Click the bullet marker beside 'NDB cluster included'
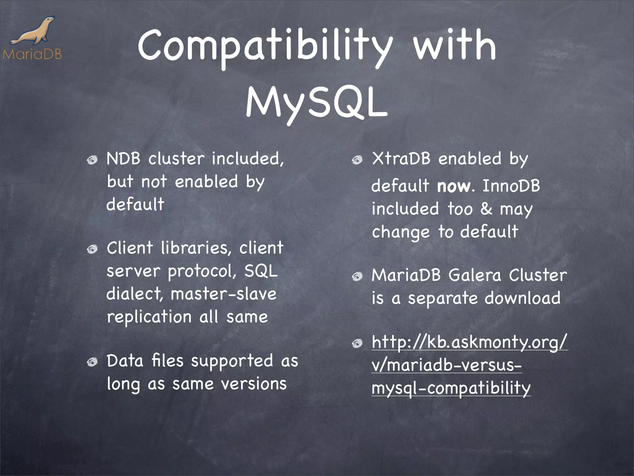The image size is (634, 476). (x=92, y=160)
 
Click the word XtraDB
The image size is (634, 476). (x=401, y=159)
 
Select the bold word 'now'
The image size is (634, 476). (x=454, y=186)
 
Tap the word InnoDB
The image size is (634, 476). (x=511, y=186)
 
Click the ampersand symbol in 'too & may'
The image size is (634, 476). (x=486, y=209)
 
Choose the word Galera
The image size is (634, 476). (x=474, y=275)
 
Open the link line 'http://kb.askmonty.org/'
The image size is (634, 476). (x=469, y=343)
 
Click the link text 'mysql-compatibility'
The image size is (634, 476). (x=451, y=388)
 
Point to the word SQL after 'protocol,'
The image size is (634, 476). (x=261, y=271)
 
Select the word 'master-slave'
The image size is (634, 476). (x=223, y=294)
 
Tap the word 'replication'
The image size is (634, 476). (x=149, y=317)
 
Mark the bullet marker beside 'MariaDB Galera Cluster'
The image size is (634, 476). (x=357, y=276)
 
